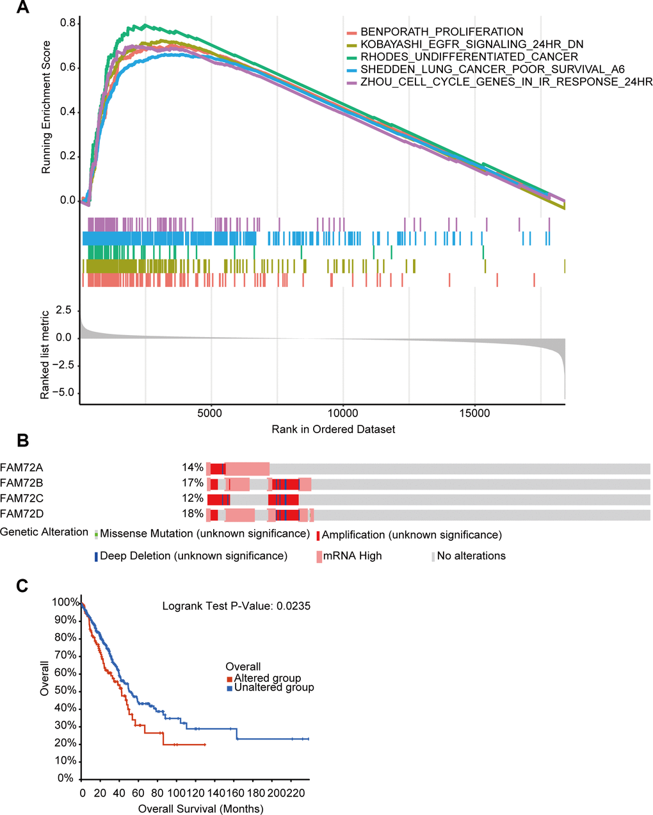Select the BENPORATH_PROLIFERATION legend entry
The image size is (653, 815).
pos(441,32)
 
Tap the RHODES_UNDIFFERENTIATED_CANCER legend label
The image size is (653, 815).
pos(469,57)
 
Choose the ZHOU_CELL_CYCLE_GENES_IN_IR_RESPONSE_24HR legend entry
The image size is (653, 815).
pos(506,82)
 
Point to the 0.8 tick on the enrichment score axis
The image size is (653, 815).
pos(67,24)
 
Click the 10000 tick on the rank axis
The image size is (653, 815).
pos(343,413)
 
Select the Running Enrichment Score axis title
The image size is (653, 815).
pos(46,114)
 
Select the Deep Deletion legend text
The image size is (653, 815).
pos(193,556)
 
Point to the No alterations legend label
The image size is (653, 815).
pos(471,556)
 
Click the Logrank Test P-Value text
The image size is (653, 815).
pos(236,605)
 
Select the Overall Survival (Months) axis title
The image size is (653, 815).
pos(200,809)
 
